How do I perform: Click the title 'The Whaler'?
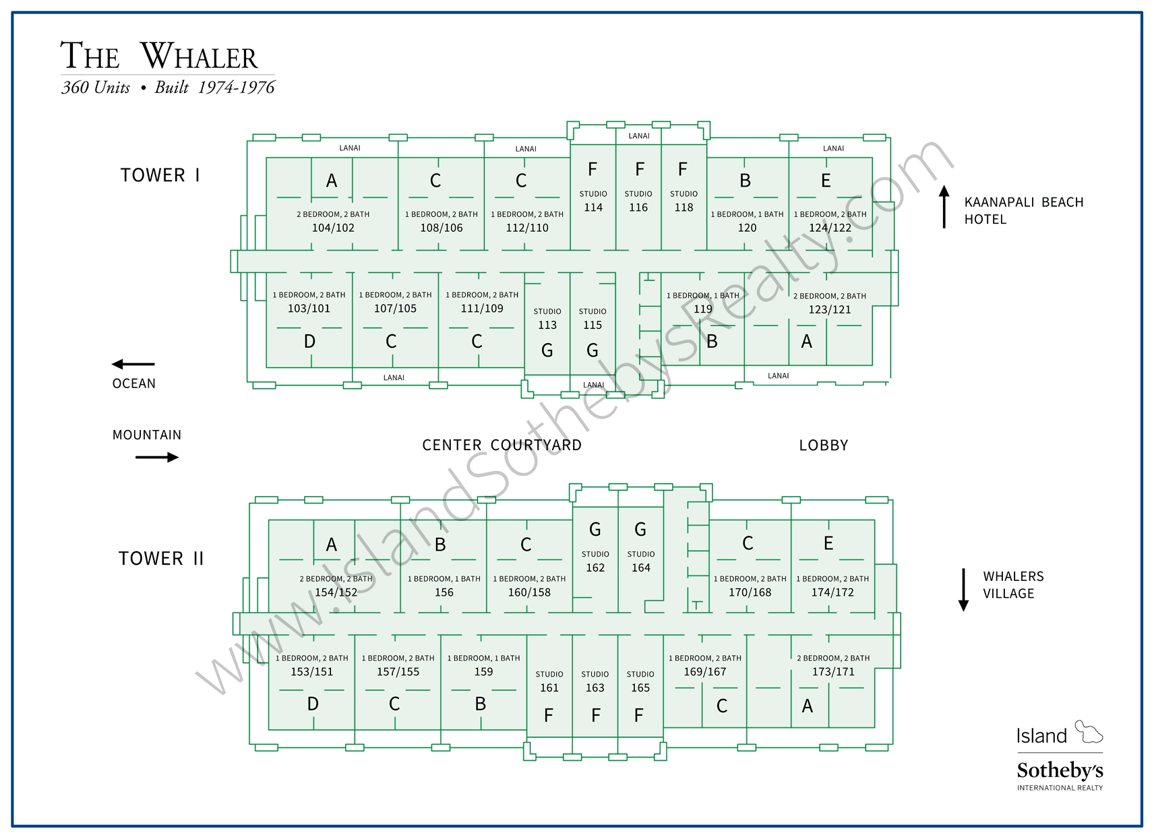[x=159, y=56]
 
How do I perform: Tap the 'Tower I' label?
[x=160, y=175]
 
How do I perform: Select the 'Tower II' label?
[x=160, y=559]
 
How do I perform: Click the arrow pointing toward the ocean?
[x=133, y=365]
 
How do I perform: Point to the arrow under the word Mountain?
[x=157, y=457]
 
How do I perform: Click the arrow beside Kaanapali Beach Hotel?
[x=944, y=207]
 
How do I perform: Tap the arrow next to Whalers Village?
[x=963, y=590]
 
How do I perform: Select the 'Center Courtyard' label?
[x=502, y=445]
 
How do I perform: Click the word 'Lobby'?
[x=823, y=445]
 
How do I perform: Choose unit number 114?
[x=593, y=208]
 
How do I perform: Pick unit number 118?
[x=684, y=208]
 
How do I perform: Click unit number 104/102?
[x=333, y=228]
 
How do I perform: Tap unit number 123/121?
[x=830, y=309]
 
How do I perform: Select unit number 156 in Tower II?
[x=444, y=592]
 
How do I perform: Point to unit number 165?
[x=640, y=688]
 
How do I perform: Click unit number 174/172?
[x=832, y=592]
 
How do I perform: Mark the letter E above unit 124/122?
[x=826, y=181]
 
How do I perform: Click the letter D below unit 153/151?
[x=313, y=704]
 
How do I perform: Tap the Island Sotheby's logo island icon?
[x=1088, y=731]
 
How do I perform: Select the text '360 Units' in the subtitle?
[x=96, y=88]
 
